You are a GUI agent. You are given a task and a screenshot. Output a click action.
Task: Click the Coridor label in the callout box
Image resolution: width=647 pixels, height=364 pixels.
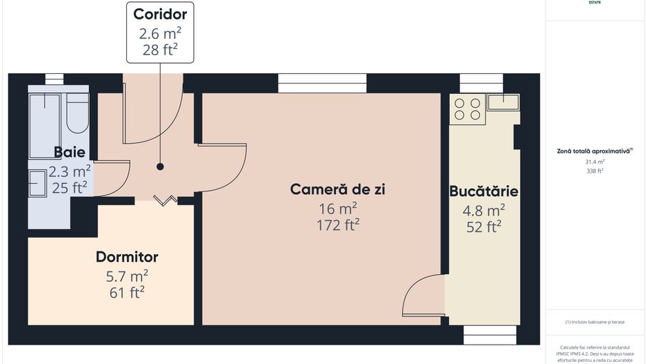point(160,14)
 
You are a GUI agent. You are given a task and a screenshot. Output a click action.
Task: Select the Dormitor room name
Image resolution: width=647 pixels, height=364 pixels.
point(127,257)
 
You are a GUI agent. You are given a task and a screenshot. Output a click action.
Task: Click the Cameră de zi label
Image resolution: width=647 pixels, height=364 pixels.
point(337,189)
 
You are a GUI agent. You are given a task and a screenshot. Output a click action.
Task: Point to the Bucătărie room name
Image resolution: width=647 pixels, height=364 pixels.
point(484,191)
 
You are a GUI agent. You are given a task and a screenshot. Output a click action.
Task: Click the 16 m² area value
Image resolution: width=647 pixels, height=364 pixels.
point(337,207)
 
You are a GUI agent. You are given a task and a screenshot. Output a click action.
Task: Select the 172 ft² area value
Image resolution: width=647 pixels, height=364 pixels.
point(337,225)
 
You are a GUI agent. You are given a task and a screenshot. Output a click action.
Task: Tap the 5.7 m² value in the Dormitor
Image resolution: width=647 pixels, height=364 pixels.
point(127,275)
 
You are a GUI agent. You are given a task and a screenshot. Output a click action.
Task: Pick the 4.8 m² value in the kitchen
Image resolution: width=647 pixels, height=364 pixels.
point(484,209)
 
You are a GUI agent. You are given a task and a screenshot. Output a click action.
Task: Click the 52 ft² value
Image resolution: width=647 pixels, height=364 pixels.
point(484,227)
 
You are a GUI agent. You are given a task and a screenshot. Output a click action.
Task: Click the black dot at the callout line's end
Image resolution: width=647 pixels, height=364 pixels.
point(160,166)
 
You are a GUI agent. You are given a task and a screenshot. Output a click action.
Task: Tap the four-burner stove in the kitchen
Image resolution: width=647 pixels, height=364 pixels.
point(467,109)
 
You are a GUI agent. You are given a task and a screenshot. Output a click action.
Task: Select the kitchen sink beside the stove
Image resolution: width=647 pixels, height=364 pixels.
point(504,103)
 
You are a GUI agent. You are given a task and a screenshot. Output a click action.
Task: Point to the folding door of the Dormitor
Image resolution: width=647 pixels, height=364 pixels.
point(165,200)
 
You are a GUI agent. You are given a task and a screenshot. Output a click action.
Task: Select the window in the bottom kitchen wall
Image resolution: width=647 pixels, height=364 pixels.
point(490,334)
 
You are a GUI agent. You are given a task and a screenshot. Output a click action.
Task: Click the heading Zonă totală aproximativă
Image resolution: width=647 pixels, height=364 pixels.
point(594,151)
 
